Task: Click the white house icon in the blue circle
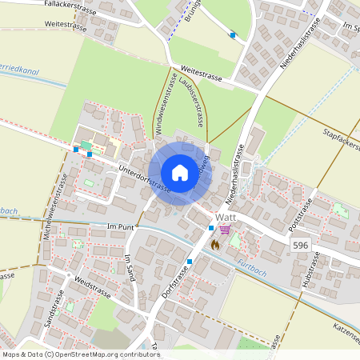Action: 180,173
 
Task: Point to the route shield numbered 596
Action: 300,245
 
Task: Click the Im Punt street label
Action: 122,227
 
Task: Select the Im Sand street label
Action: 130,269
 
